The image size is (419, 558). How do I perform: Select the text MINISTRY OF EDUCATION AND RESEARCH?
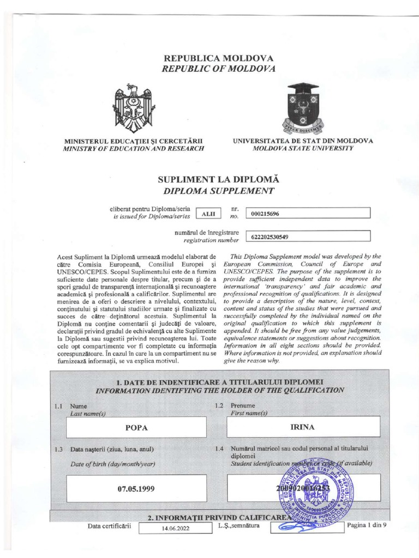pyautogui.click(x=134, y=148)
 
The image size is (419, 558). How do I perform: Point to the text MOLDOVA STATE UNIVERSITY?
pyautogui.click(x=303, y=148)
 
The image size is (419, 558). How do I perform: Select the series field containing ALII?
pyautogui.click(x=208, y=214)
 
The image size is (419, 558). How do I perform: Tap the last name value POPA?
pyautogui.click(x=137, y=427)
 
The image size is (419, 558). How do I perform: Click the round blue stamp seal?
pyautogui.click(x=315, y=488)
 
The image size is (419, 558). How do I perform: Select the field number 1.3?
pyautogui.click(x=59, y=450)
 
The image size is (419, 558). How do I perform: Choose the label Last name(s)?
pyautogui.click(x=88, y=414)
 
